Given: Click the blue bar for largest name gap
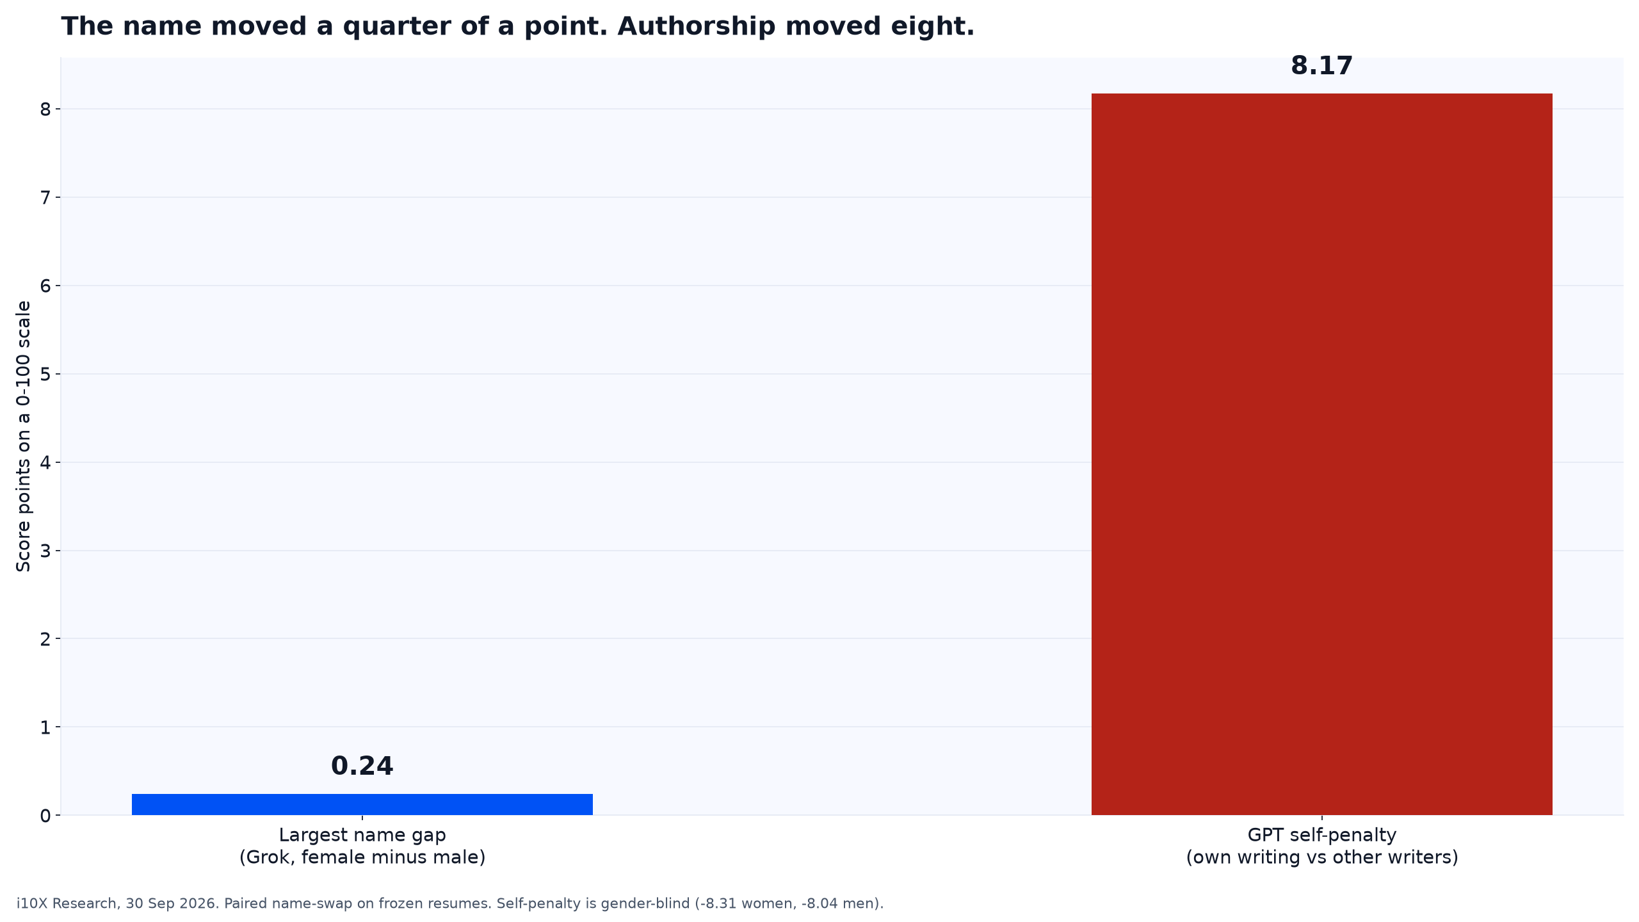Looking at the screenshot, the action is [362, 804].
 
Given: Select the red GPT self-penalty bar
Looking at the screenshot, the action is [1322, 455].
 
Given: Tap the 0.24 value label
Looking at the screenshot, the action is [362, 766].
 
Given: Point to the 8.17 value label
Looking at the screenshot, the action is [1322, 66].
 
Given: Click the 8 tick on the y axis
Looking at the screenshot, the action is [45, 109].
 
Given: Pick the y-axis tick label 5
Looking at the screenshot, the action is [45, 374].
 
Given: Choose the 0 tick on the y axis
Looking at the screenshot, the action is [45, 816].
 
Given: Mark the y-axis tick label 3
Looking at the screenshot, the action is [45, 551].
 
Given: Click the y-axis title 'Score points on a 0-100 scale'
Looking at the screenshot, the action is [24, 436].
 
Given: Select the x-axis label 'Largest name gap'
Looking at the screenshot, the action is [362, 836].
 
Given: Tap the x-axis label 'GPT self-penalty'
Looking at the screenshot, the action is [1322, 836].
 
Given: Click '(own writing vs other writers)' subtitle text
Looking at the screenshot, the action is [1322, 857].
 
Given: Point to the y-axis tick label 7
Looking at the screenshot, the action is [45, 197].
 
